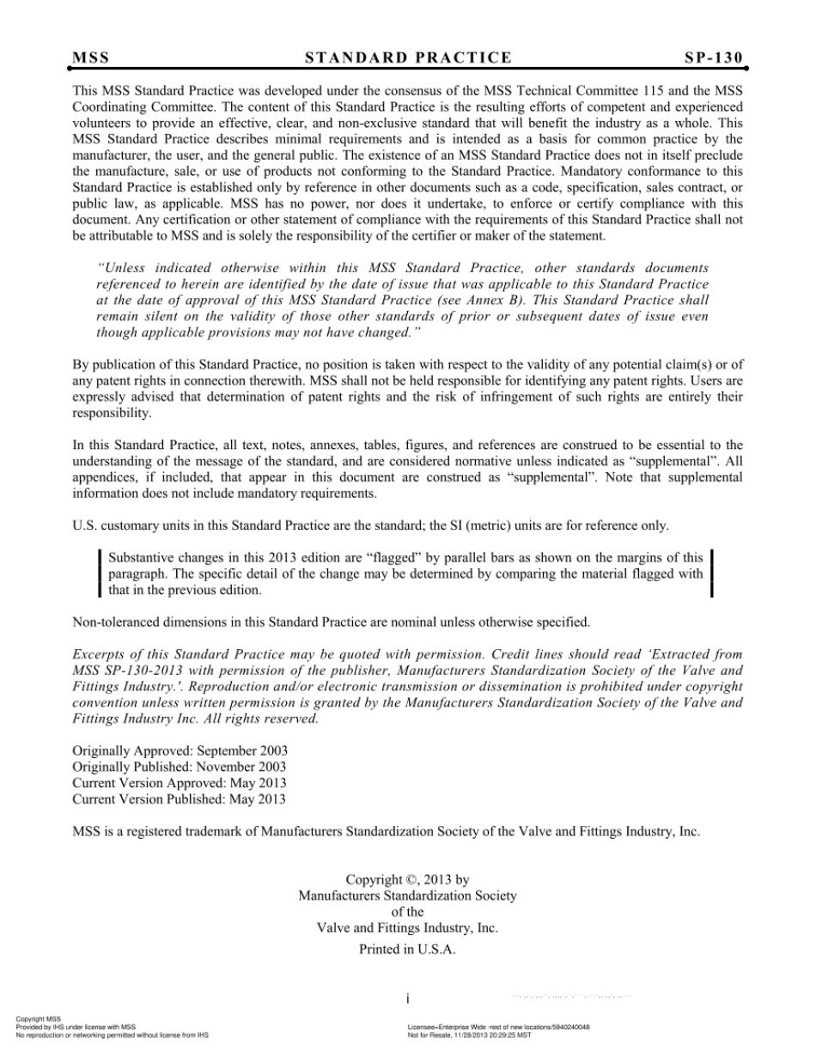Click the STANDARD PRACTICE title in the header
(408, 58)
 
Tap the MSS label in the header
(90, 58)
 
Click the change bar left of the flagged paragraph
(100, 574)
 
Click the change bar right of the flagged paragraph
(712, 574)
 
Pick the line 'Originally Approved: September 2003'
(180, 750)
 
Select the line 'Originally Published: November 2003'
(180, 767)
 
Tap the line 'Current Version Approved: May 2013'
(180, 783)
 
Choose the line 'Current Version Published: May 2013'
(180, 799)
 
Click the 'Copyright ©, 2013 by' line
(407, 879)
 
